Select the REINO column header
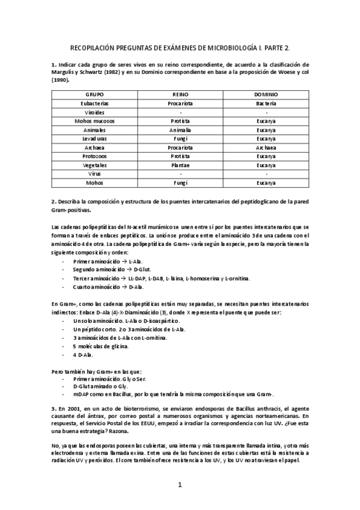click(180, 95)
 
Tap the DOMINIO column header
click(266, 95)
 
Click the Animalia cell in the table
click(180, 129)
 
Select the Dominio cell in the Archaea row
click(266, 147)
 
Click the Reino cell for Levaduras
click(180, 138)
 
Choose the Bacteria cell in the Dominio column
click(266, 103)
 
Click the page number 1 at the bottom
click(180, 484)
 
